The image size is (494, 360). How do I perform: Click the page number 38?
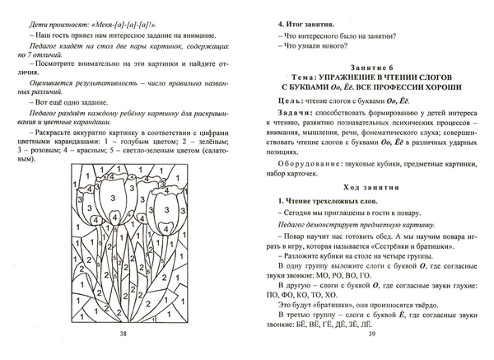[123, 334]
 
